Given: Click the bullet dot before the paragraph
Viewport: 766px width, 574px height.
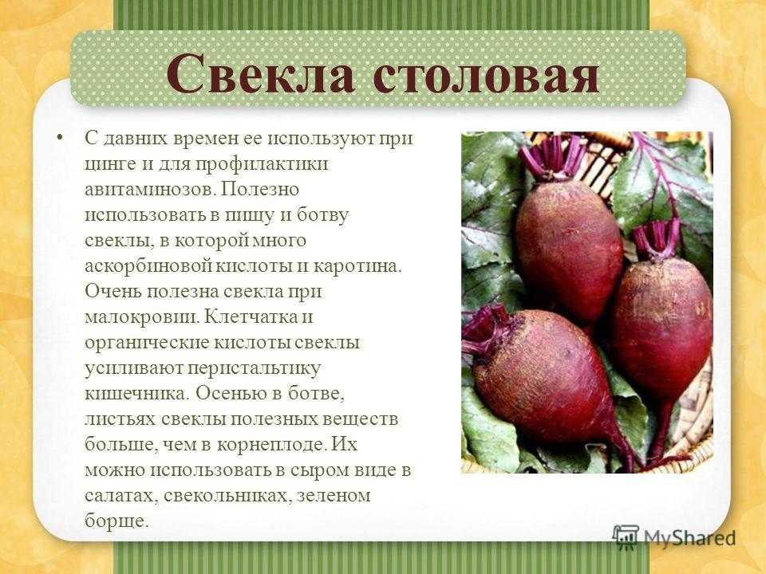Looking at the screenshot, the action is pos(60,138).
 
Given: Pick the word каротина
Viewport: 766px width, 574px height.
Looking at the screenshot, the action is pos(357,267).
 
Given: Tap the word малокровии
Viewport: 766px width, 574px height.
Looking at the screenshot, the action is pos(143,317).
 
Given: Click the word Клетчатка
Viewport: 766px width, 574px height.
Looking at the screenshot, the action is pos(250,316).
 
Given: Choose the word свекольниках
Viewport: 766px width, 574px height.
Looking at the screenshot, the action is pos(226,496).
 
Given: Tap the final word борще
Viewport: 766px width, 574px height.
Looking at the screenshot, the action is pos(116,521).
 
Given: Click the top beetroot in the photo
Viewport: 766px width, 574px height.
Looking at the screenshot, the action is pos(569,249).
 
